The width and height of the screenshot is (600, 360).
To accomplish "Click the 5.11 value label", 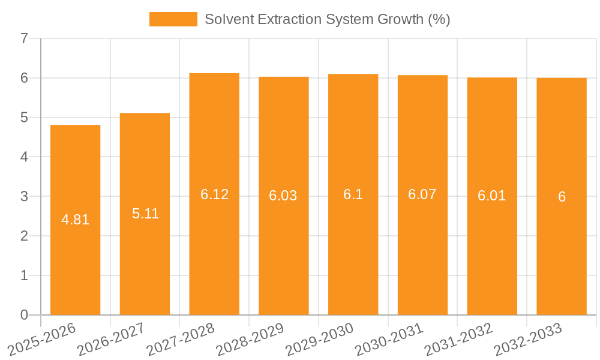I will click(145, 214).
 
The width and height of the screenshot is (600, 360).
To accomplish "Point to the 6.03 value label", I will click(283, 196).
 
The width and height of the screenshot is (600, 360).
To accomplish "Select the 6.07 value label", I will click(422, 194).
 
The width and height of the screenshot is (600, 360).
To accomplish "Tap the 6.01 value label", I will click(491, 196).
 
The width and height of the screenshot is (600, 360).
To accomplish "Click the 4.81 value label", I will click(75, 220).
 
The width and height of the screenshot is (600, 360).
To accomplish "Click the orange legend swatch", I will click(173, 19).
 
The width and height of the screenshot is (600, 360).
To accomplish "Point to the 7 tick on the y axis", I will click(24, 39).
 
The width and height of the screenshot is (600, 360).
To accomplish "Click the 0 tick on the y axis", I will click(24, 315).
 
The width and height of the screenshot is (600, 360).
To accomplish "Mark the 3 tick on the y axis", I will click(24, 197).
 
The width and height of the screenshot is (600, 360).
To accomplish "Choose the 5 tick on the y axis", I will click(24, 118).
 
